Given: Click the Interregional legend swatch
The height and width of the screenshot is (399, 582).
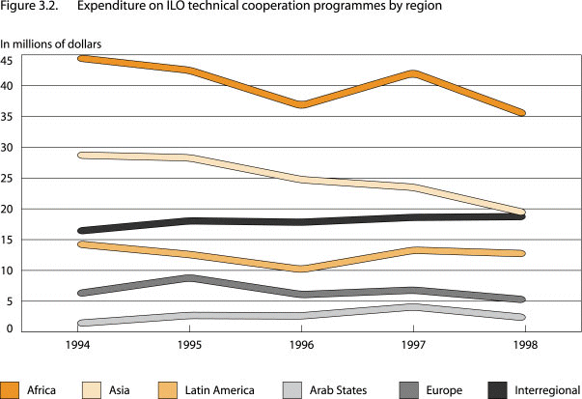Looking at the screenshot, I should pyautogui.click(x=496, y=388).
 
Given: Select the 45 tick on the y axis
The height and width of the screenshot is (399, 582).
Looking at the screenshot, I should pyautogui.click(x=8, y=60).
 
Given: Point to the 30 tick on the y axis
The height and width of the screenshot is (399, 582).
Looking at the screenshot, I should pyautogui.click(x=8, y=148).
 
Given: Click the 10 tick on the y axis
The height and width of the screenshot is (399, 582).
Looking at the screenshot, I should pyautogui.click(x=8, y=271).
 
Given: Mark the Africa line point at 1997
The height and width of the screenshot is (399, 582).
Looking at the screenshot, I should pyautogui.click(x=413, y=74).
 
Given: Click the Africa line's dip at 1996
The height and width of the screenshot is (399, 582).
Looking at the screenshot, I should pyautogui.click(x=303, y=104).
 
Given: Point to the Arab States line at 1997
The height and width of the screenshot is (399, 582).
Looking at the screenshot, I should pyautogui.click(x=413, y=307).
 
